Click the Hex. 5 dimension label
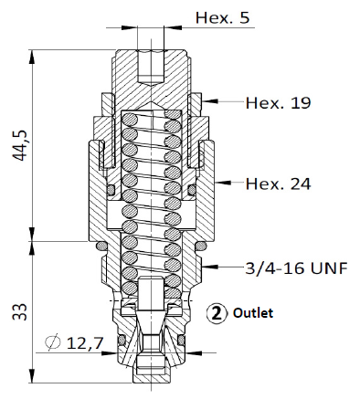(222, 17)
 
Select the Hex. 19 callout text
(278, 103)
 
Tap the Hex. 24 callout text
(278, 184)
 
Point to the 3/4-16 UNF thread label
(296, 268)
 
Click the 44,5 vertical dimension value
(20, 145)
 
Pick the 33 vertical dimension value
(20, 311)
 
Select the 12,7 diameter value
(85, 343)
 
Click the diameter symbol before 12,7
(52, 341)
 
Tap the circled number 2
(217, 313)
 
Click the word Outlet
(253, 313)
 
